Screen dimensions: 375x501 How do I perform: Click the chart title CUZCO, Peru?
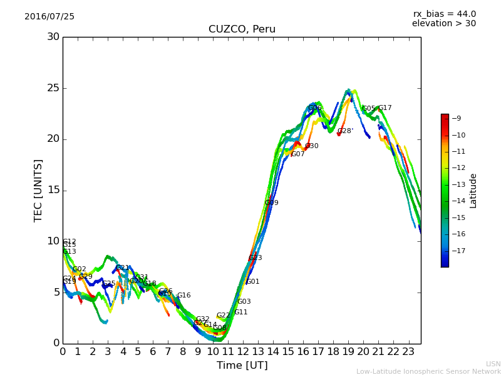(x=242, y=29)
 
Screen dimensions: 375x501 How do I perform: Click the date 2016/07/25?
(x=49, y=16)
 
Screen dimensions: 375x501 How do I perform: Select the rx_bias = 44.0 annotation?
(x=444, y=14)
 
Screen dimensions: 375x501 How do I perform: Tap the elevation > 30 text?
(x=443, y=24)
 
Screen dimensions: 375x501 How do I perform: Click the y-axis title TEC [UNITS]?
(x=38, y=190)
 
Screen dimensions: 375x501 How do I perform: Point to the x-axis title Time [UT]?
(x=242, y=366)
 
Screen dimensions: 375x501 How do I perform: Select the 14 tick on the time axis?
(x=273, y=351)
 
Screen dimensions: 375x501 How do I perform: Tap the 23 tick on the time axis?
(x=408, y=351)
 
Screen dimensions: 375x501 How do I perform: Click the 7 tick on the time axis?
(x=168, y=351)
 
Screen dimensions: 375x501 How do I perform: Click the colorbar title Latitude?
(x=473, y=191)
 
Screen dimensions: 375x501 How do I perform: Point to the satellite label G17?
(x=385, y=108)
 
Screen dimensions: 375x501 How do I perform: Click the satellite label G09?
(x=271, y=203)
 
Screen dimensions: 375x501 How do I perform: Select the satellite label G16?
(x=183, y=296)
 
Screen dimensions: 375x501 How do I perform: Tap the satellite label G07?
(x=297, y=154)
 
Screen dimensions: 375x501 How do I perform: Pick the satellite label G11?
(x=241, y=312)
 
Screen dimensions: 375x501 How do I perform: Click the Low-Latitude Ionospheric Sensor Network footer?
(x=428, y=371)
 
